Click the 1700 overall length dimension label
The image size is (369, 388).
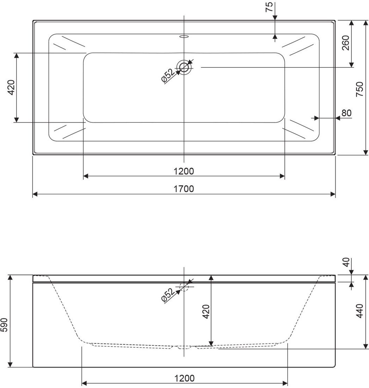pos(184,189)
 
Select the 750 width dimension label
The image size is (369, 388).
pos(359,89)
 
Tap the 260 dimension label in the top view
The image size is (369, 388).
pos(345,43)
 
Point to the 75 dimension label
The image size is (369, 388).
pos(269,7)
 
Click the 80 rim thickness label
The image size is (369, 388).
pos(346,113)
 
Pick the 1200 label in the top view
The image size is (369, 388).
pos(184,171)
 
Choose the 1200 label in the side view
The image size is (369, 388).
pos(185,378)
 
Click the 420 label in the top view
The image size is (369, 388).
pos(12,87)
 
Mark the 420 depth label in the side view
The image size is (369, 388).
pos(206,311)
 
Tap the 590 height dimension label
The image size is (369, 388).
pos(5,325)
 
